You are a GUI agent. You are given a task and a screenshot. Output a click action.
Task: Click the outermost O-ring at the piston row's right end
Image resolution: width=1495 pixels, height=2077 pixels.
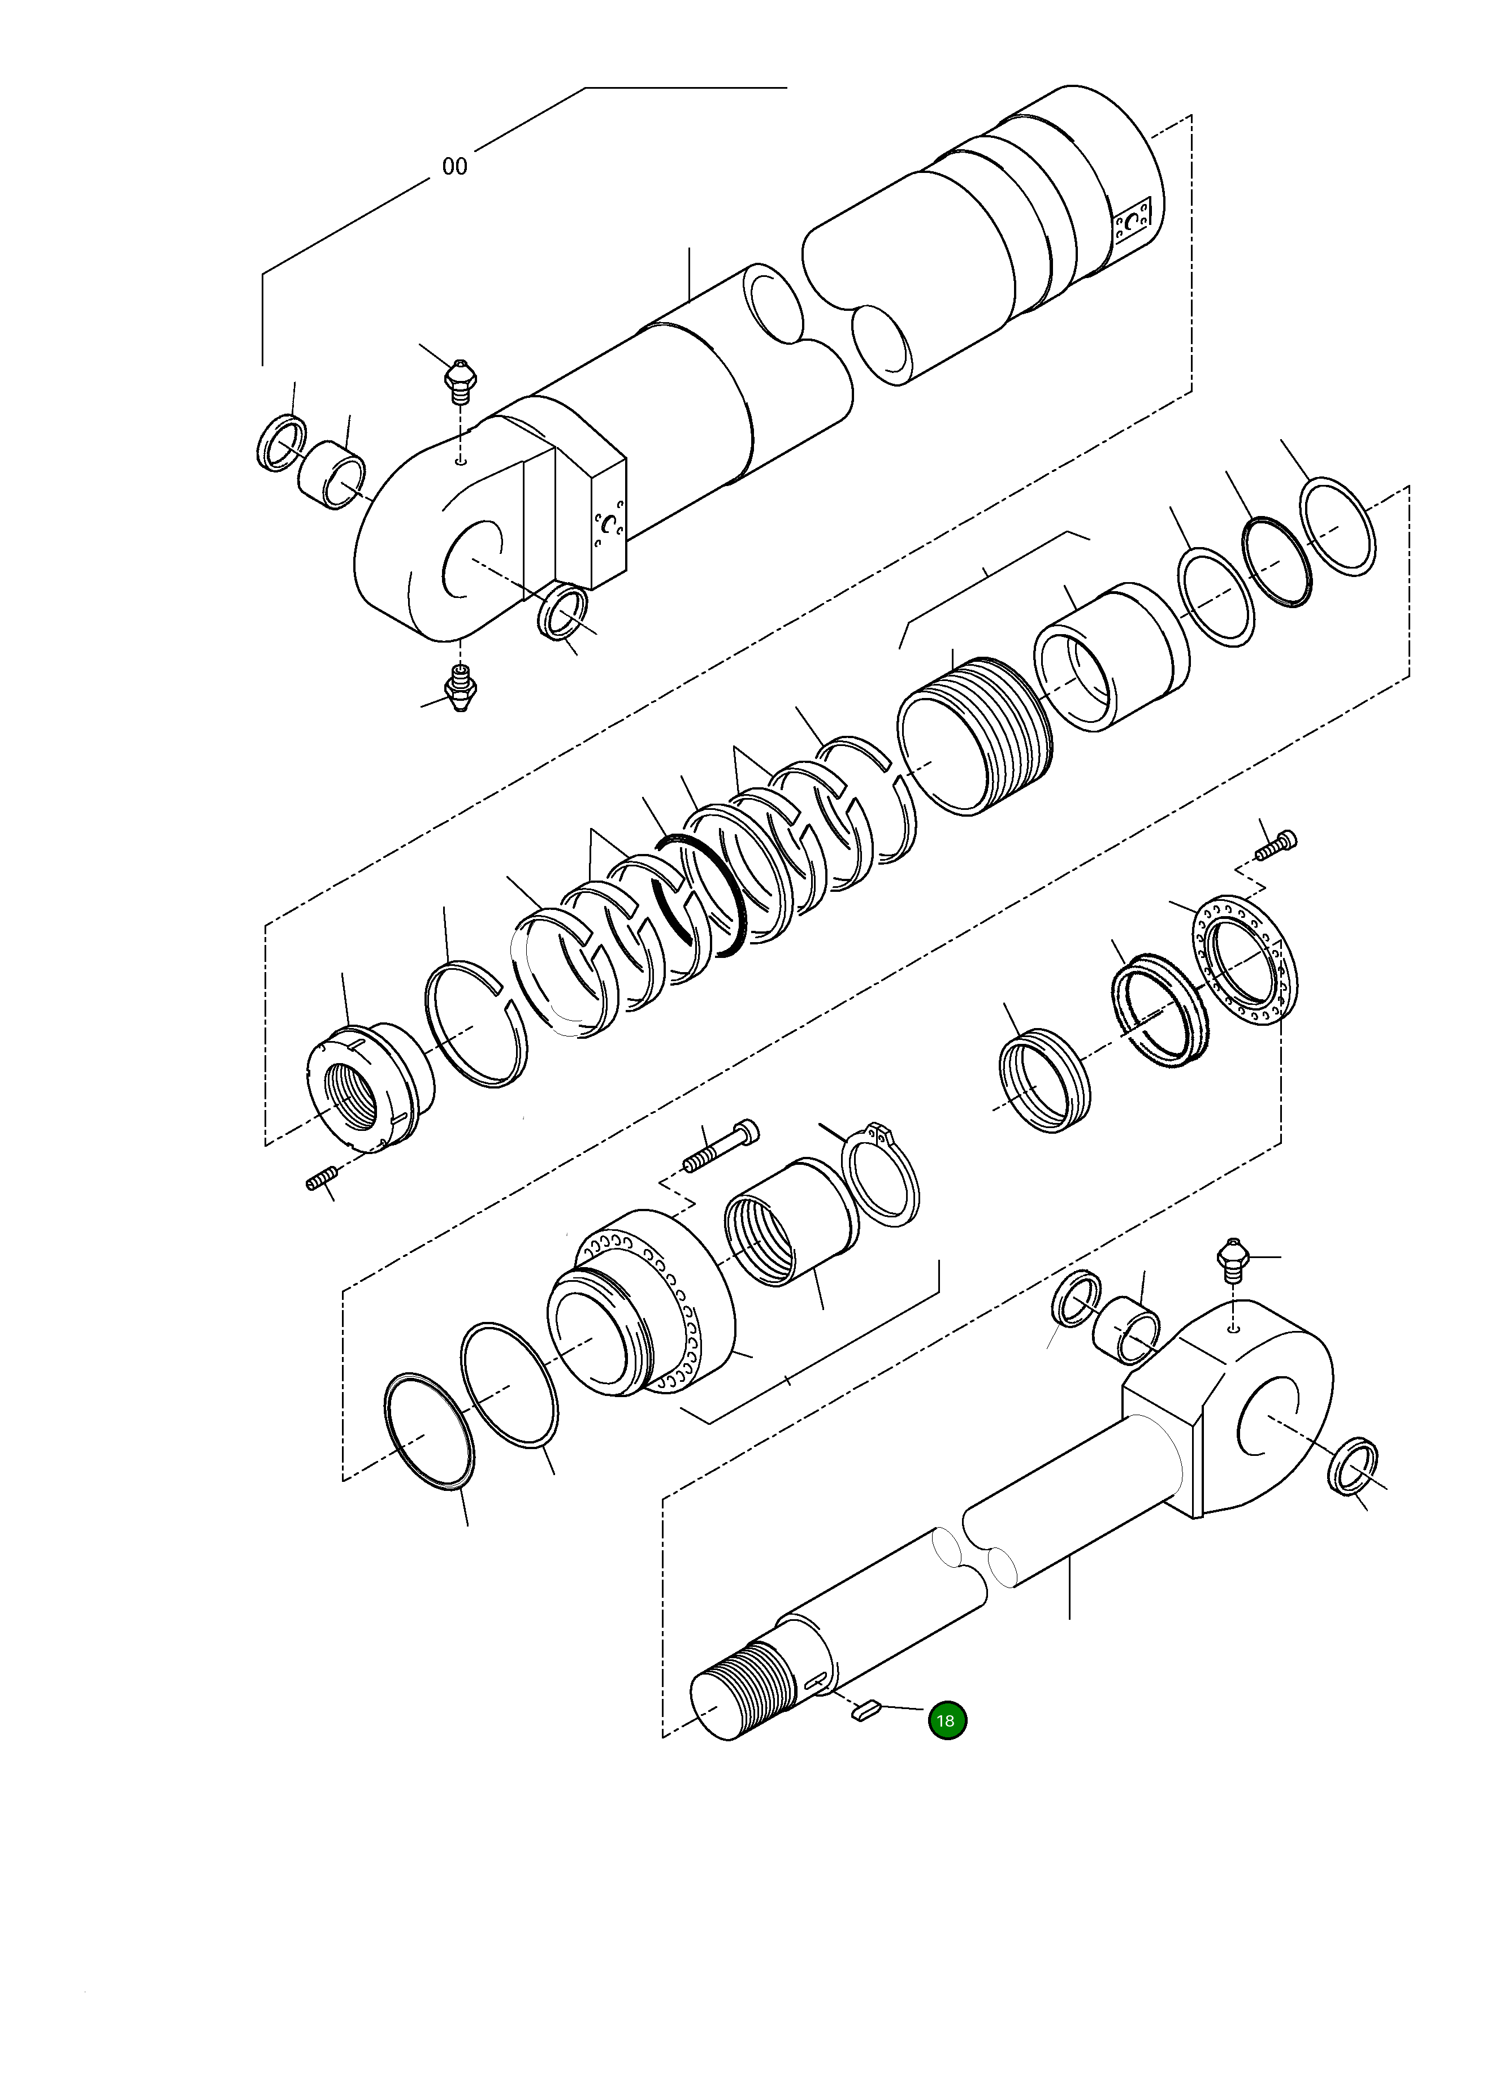1337,527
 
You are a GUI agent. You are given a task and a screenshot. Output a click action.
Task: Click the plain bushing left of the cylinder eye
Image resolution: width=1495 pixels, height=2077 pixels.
332,474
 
